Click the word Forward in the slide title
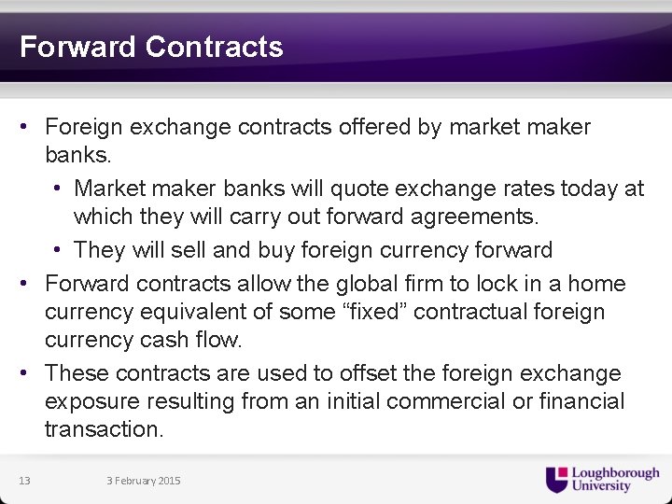(x=78, y=47)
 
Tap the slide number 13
(x=24, y=481)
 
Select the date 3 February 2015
(x=144, y=481)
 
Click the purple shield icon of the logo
(x=556, y=480)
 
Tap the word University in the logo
(x=601, y=486)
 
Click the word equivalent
(x=210, y=311)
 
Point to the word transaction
(x=104, y=429)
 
